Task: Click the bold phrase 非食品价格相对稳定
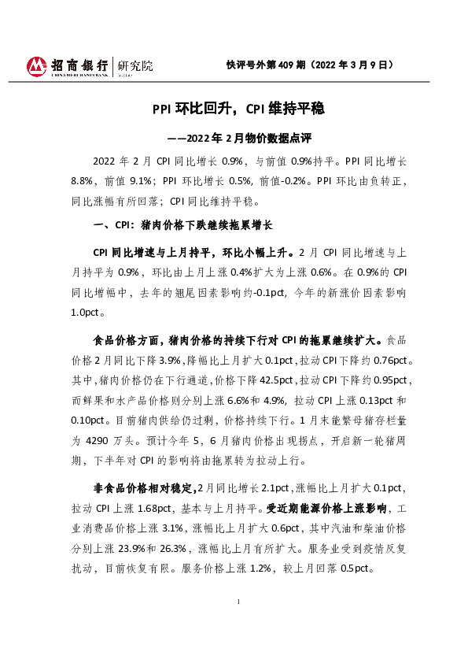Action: tap(146, 488)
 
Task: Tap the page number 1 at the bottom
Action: tap(238, 602)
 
